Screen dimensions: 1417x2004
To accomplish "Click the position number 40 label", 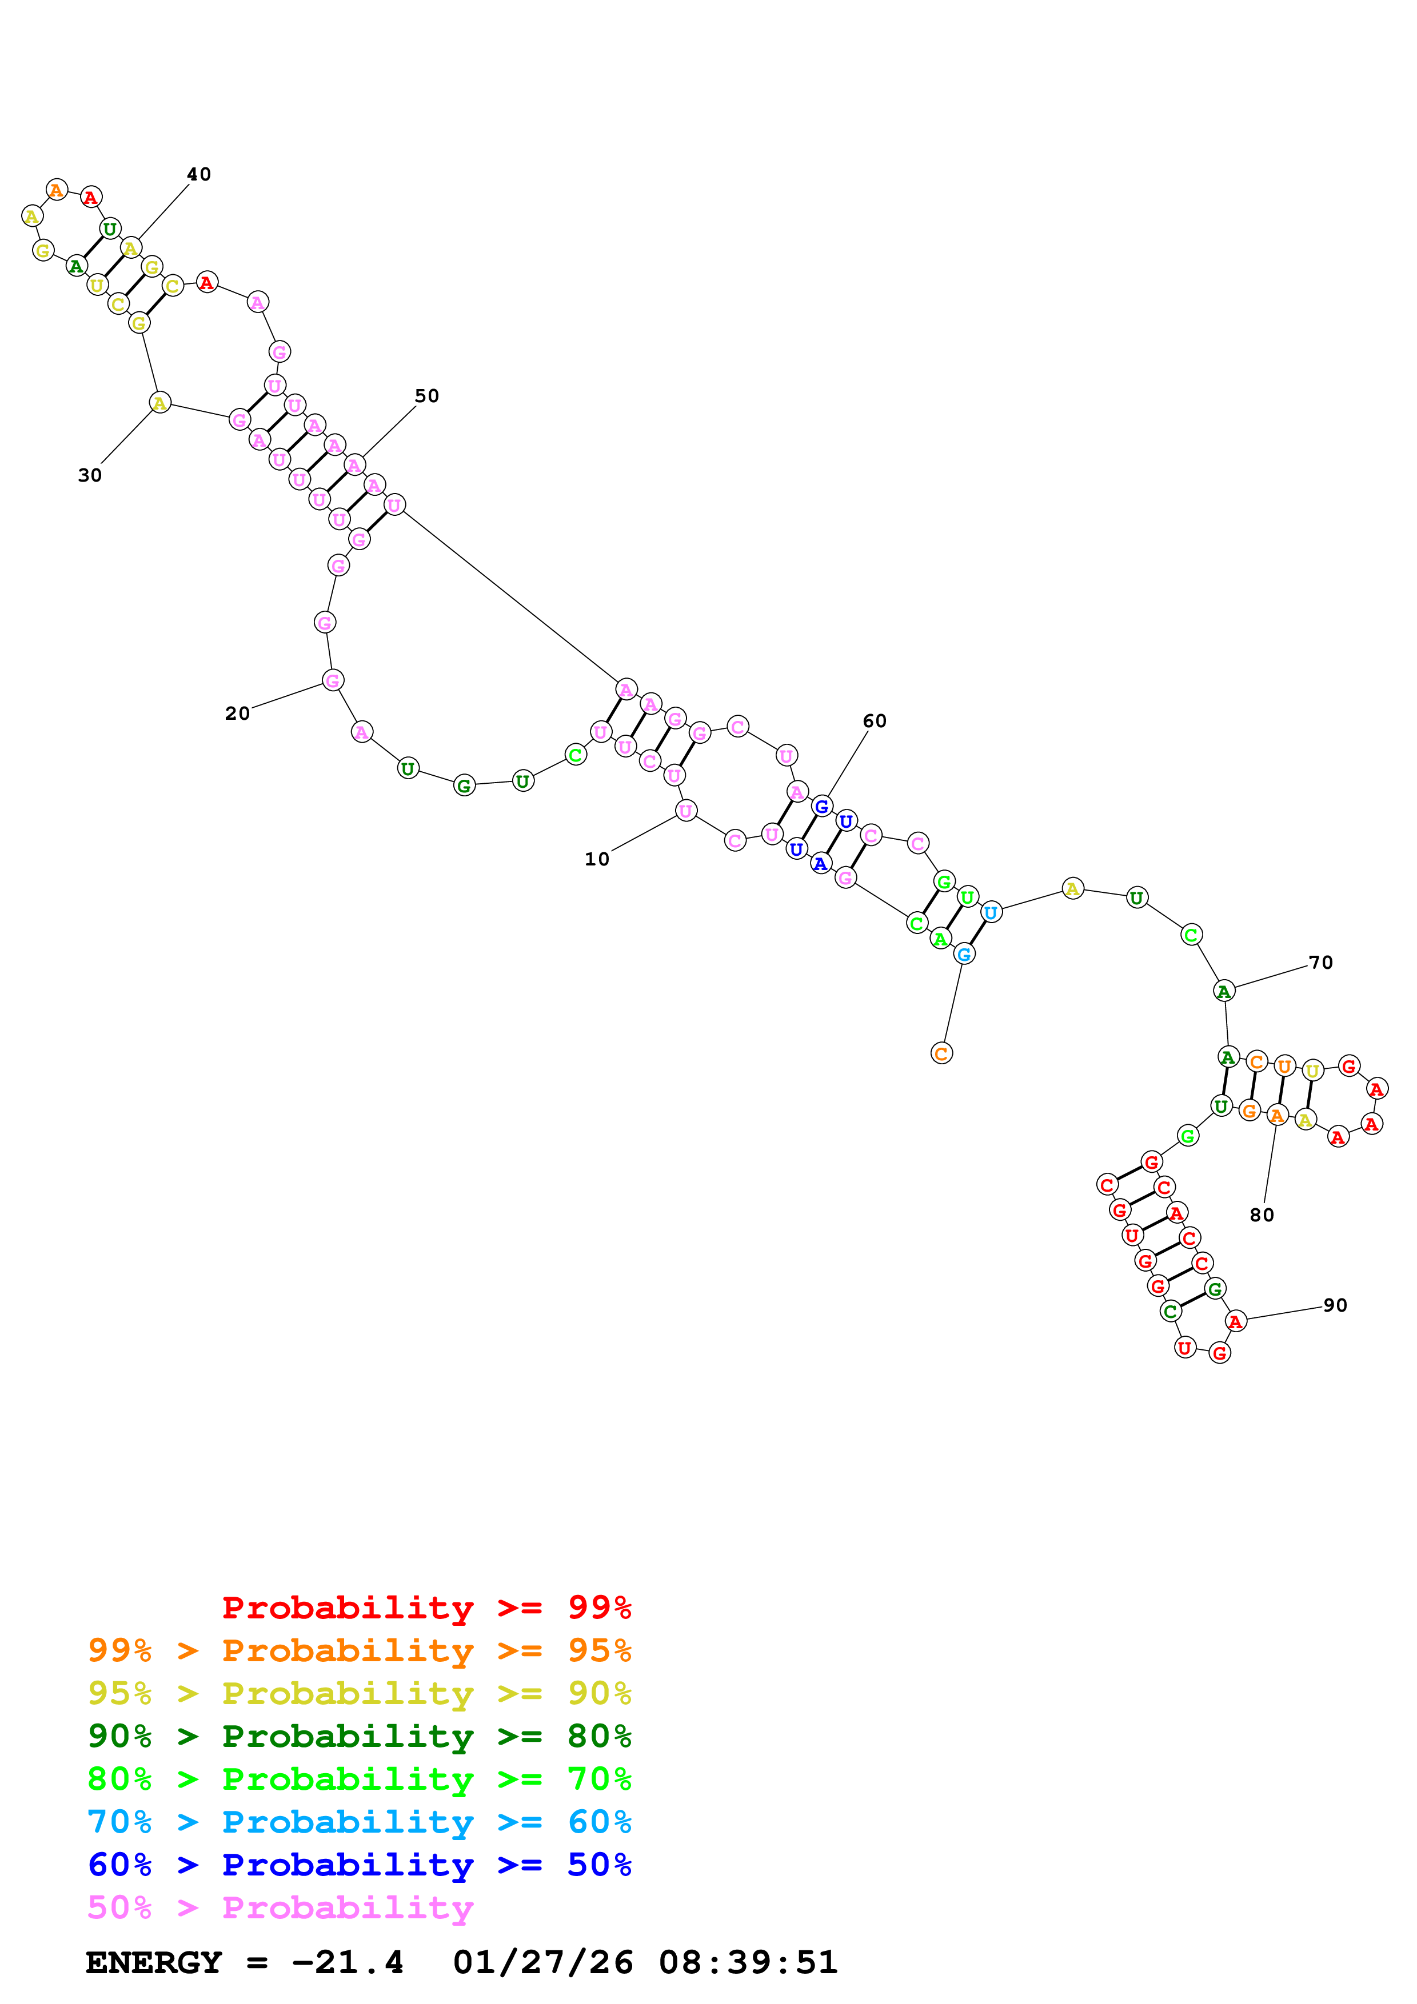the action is [x=199, y=175].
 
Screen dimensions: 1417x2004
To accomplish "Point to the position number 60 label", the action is [x=874, y=721].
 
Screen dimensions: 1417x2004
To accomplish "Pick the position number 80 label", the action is [x=1262, y=1215].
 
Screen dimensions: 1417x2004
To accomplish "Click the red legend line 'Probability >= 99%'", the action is [x=426, y=1608].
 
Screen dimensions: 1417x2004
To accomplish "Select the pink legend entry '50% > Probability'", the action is [x=280, y=1908].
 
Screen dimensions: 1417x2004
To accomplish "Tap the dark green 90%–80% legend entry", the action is [x=359, y=1737].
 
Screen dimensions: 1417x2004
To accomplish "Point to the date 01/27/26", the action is [x=542, y=1962].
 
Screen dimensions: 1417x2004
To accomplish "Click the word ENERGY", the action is [x=154, y=1962].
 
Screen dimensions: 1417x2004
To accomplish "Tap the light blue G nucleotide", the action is [x=964, y=954].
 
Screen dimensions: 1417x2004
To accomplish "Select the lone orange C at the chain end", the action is [x=941, y=1053].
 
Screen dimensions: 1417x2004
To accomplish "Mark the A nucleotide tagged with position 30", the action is [x=159, y=403].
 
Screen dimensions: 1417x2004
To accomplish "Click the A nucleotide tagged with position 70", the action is [x=1224, y=992].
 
